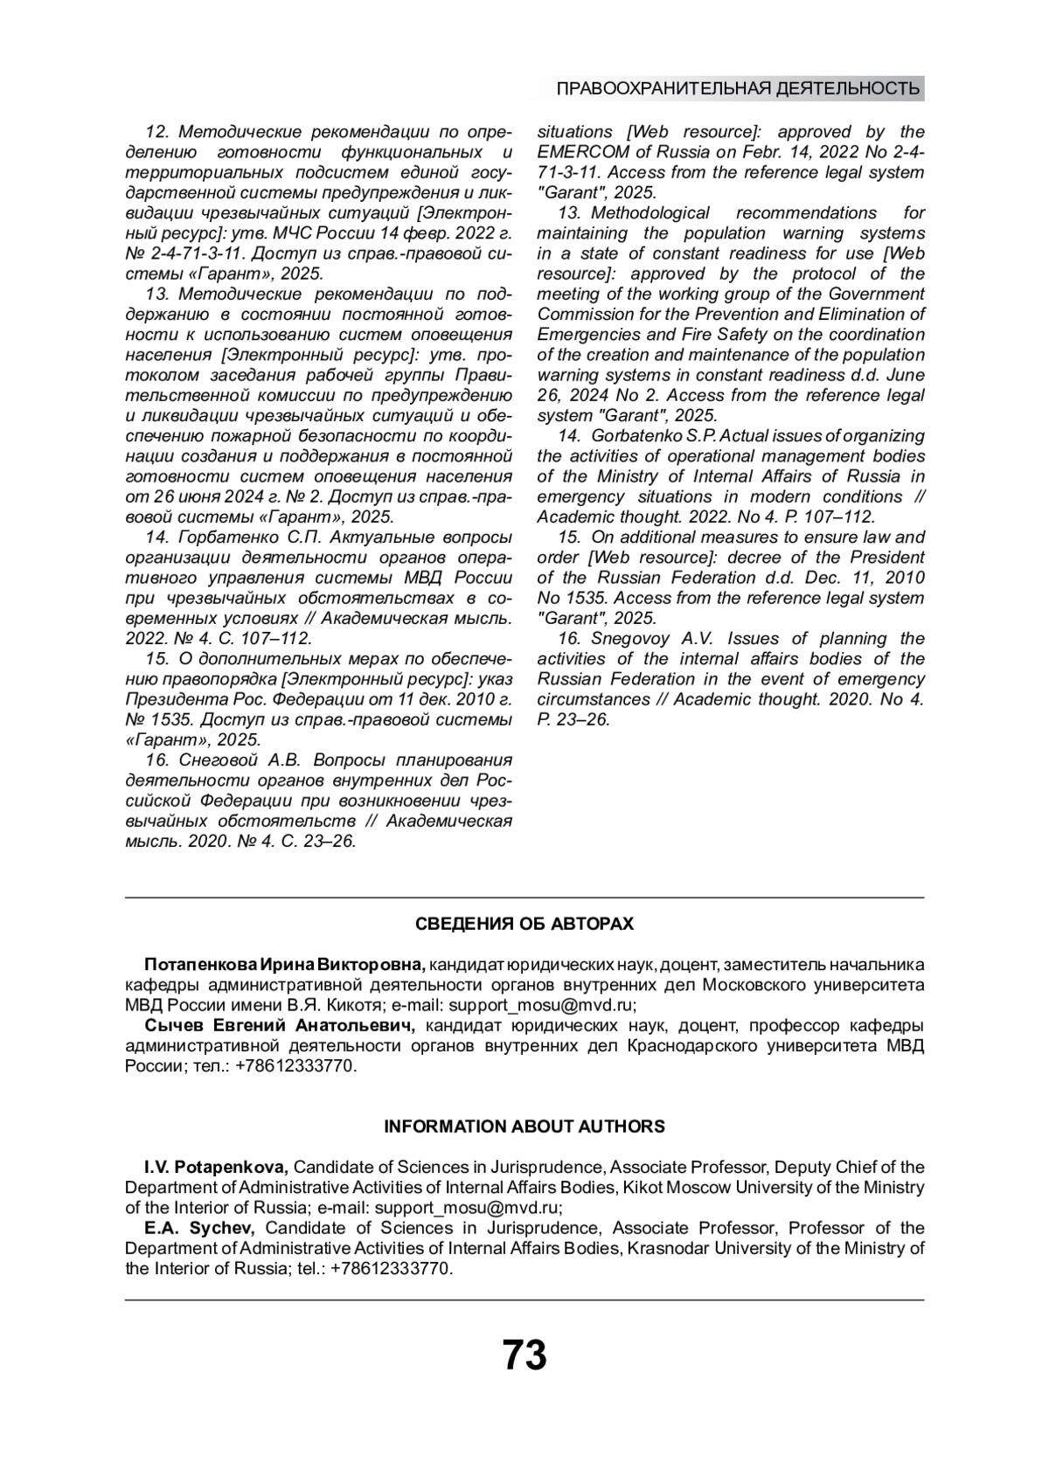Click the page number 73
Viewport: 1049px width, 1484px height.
(x=524, y=1356)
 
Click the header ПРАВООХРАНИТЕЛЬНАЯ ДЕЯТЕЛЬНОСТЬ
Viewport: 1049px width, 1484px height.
(x=738, y=88)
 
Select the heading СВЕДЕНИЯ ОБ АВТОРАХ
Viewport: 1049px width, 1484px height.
(x=524, y=924)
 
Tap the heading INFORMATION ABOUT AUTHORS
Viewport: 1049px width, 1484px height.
(x=524, y=1127)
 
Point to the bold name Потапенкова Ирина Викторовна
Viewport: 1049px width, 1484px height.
(x=284, y=965)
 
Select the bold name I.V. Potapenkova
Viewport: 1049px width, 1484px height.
(x=216, y=1167)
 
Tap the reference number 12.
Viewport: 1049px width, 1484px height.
(x=156, y=132)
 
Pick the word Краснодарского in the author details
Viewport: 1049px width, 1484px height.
(x=692, y=1046)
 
